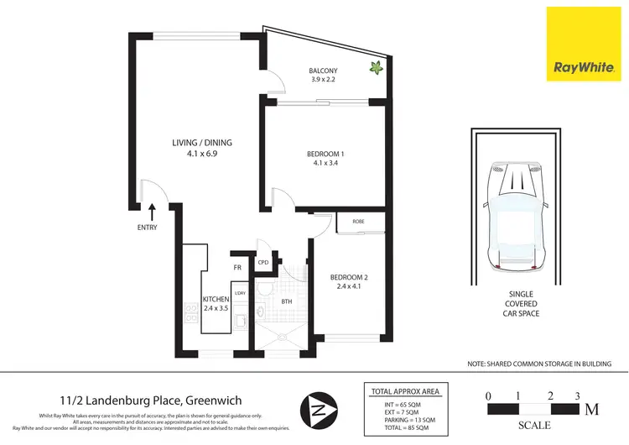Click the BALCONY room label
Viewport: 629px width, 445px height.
[x=324, y=71]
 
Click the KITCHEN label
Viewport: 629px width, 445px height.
[x=216, y=300]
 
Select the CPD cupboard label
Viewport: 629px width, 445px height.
[x=263, y=263]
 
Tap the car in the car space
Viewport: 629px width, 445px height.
[x=515, y=214]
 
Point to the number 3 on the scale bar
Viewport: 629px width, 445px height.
[x=577, y=395]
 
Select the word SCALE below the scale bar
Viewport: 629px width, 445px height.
[x=534, y=426]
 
